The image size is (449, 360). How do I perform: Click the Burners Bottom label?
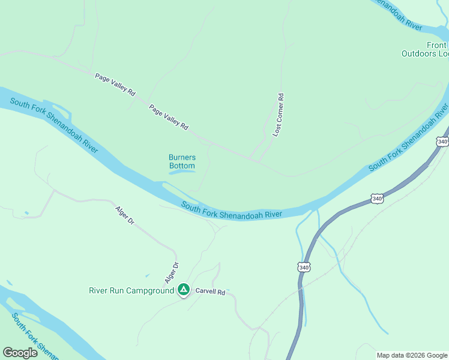182,161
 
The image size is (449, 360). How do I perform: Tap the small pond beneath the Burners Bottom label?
182,172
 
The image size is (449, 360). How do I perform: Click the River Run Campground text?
131,291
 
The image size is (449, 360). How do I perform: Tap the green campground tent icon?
184,290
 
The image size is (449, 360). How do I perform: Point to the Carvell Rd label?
209,292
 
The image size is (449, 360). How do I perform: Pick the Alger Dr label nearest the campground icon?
172,273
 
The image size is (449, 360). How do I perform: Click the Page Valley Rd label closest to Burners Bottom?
169,118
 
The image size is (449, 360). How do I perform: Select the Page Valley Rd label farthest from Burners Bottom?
115,85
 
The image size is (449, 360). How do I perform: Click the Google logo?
20,353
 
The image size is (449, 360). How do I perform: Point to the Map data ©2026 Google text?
412,355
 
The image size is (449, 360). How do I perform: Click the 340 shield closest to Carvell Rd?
304,267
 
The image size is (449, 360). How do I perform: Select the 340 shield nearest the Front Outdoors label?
442,142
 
